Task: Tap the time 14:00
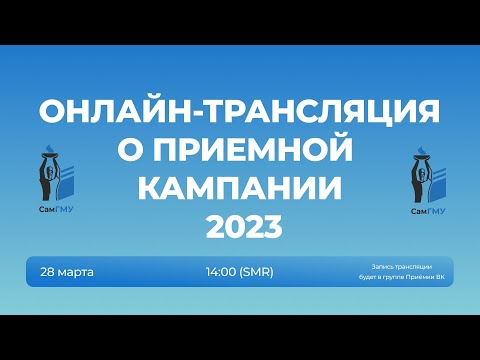(x=222, y=271)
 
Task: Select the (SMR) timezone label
(x=256, y=271)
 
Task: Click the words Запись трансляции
(x=400, y=266)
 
